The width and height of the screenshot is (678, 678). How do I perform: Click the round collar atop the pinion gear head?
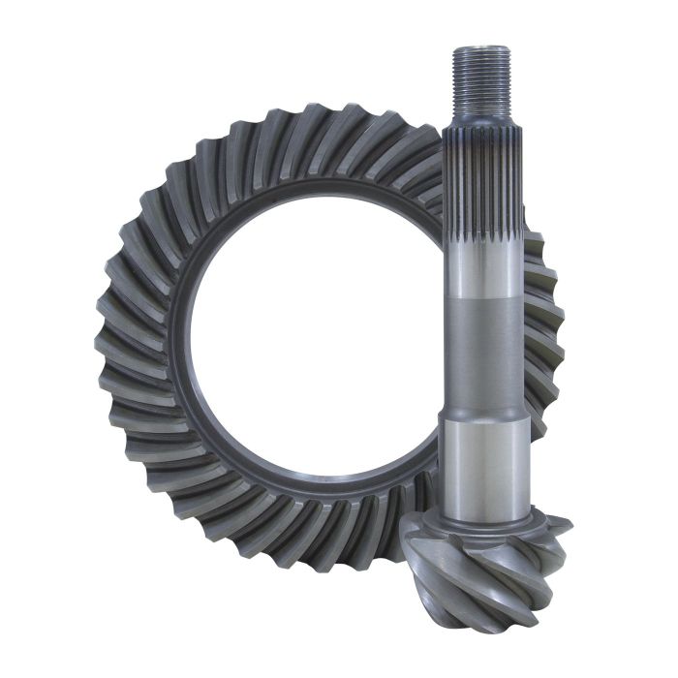click(x=484, y=523)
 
